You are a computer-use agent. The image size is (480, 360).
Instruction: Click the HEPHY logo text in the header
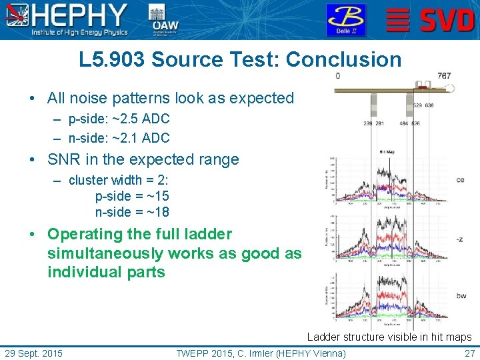click(x=80, y=15)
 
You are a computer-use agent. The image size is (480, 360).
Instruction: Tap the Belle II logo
click(x=345, y=19)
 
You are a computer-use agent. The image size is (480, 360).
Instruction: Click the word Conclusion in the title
click(x=343, y=59)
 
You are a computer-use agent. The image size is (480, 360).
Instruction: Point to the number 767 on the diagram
click(x=444, y=76)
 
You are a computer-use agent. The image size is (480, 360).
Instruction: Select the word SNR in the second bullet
click(x=62, y=160)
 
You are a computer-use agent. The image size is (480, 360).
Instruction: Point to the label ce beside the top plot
click(x=460, y=180)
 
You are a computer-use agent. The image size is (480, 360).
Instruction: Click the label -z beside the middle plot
click(x=460, y=239)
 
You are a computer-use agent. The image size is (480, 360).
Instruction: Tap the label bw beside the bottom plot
click(x=460, y=296)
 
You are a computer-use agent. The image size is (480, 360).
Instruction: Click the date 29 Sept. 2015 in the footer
click(x=34, y=353)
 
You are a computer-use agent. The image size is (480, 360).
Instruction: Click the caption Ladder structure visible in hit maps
click(x=389, y=337)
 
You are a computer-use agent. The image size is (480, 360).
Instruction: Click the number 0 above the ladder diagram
click(x=337, y=76)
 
